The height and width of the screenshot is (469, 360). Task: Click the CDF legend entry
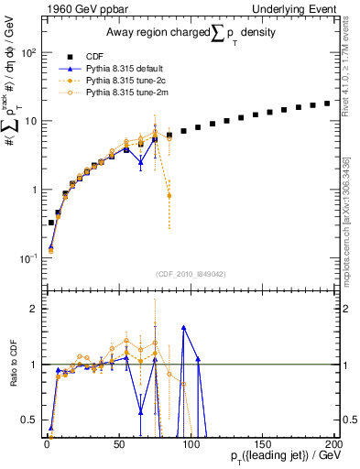coord(94,56)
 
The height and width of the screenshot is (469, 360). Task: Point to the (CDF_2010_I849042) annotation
coord(190,273)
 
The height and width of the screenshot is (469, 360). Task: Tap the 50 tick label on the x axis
coord(118,443)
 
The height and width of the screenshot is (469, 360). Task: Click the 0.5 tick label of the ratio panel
coord(30,420)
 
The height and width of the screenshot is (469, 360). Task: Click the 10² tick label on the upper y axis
coord(29,52)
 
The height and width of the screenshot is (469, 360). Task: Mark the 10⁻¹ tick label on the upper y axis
coord(29,258)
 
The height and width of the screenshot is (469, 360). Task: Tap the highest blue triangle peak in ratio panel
coord(184,326)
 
